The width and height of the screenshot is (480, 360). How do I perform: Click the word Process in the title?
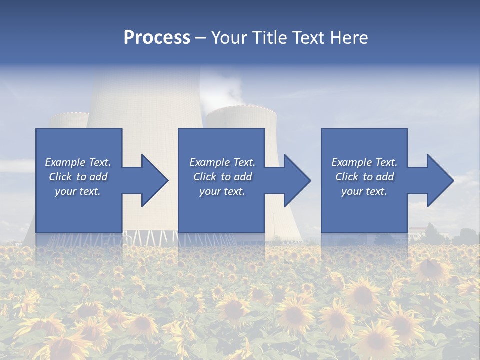point(157,37)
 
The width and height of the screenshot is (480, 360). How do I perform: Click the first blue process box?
point(78,145)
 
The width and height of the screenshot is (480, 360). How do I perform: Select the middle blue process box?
point(221,145)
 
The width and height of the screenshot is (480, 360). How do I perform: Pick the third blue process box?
point(364,145)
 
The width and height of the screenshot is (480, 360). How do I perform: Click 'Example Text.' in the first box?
point(78,162)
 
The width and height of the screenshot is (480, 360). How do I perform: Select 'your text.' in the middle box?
point(222,191)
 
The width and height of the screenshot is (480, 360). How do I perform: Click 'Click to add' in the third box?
point(364,177)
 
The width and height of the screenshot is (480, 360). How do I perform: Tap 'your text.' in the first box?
point(78,191)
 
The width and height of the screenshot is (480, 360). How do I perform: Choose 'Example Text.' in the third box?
point(364,162)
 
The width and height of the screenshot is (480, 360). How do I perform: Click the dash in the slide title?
point(201,38)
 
